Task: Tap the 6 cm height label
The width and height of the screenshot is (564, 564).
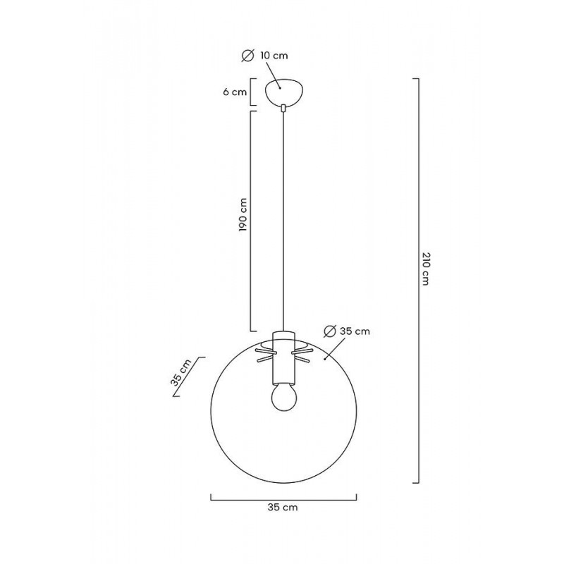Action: tap(235, 92)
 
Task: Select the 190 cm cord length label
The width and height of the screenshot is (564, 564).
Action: tap(243, 215)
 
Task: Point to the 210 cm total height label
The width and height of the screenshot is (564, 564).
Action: tap(425, 269)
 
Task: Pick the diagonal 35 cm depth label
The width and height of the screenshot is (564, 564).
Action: tap(181, 372)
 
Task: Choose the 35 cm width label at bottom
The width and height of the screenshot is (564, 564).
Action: tap(283, 508)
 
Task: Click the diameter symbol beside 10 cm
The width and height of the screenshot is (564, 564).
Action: tap(248, 56)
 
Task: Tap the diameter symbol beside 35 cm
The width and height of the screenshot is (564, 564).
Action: tap(329, 331)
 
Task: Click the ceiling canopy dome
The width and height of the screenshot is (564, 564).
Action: tap(283, 92)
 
